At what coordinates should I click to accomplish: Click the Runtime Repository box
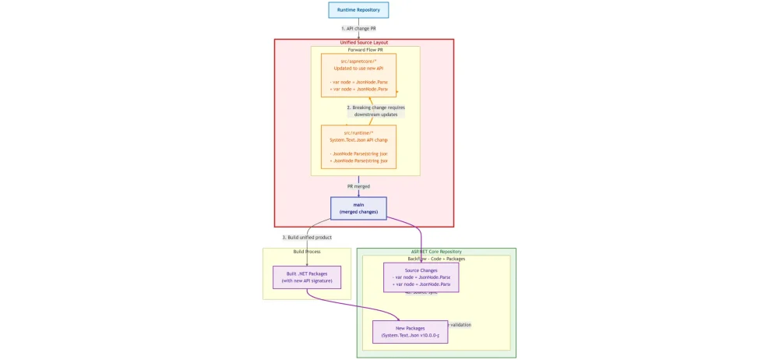[x=358, y=10]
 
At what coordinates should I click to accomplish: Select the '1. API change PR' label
[x=358, y=29]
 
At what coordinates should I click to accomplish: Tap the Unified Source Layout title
[x=364, y=43]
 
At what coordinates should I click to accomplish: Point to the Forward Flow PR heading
[x=365, y=50]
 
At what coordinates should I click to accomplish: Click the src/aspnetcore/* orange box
[x=358, y=76]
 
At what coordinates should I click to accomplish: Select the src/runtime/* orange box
[x=358, y=147]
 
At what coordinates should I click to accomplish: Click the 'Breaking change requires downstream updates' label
[x=375, y=111]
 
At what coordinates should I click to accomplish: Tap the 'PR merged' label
[x=358, y=186]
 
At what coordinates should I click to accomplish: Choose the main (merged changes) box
[x=358, y=208]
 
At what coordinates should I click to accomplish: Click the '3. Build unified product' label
[x=306, y=237]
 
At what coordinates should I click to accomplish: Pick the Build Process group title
[x=307, y=252]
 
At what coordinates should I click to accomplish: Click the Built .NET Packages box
[x=307, y=277]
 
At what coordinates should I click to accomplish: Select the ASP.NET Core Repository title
[x=436, y=252]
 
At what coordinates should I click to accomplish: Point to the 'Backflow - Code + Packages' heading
[x=436, y=259]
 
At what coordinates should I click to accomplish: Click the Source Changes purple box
[x=421, y=277]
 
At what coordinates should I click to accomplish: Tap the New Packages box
[x=410, y=332]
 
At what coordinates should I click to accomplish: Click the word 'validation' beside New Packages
[x=460, y=325]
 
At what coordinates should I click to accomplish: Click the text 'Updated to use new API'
[x=358, y=69]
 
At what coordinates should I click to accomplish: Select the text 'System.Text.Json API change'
[x=358, y=140]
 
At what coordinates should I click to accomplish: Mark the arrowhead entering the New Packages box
[x=400, y=319]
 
